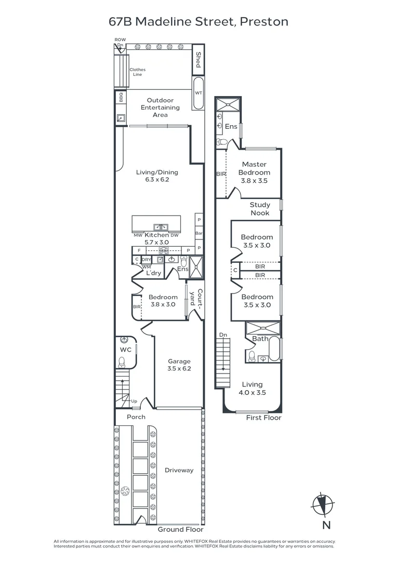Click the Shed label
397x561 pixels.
198,60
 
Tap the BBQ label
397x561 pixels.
121,97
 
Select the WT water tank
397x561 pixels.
198,93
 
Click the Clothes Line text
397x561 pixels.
138,72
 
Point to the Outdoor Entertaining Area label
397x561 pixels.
160,108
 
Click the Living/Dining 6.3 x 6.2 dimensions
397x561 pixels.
157,180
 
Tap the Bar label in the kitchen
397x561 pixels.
199,233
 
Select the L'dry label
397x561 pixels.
153,273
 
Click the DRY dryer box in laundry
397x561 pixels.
147,260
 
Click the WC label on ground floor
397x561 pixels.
126,350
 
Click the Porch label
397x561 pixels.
136,417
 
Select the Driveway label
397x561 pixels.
179,470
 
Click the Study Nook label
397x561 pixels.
260,209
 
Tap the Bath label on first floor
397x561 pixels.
260,339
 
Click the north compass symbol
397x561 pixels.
323,505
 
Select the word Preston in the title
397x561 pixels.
264,21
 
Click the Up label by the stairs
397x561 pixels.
134,401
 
